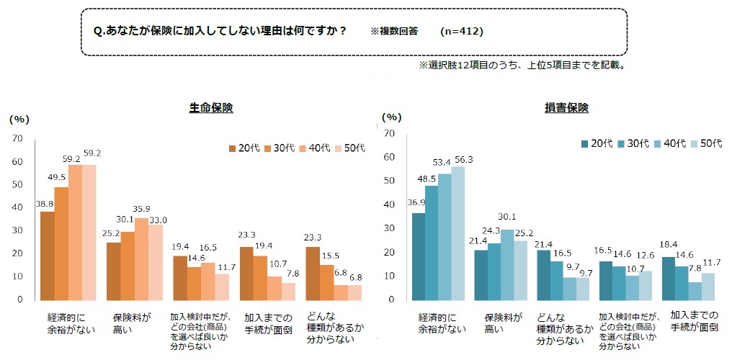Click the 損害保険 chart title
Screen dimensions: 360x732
coord(566,108)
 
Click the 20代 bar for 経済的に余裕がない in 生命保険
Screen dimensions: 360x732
coord(48,256)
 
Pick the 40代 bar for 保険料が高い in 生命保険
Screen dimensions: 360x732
coord(142,259)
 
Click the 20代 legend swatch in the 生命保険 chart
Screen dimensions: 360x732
coord(233,148)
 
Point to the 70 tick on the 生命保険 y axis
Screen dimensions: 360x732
coord(18,138)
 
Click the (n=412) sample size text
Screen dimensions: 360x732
coord(461,32)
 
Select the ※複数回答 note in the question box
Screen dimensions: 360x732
coord(395,32)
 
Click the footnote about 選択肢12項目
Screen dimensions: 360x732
coord(521,65)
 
